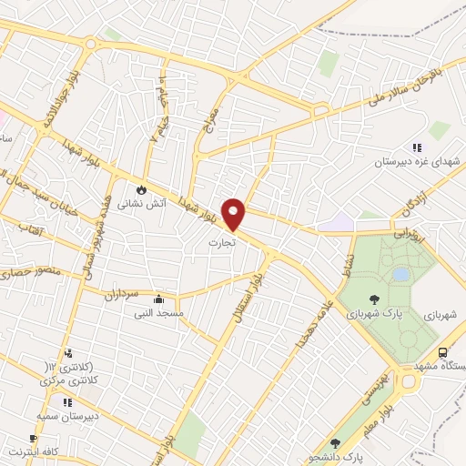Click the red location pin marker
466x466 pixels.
(x=235, y=213)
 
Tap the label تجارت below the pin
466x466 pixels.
(x=222, y=243)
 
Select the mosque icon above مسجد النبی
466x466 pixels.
(x=159, y=299)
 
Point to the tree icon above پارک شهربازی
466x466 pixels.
(x=374, y=299)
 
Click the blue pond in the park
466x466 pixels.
(x=400, y=273)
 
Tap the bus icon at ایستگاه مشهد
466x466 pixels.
(x=442, y=352)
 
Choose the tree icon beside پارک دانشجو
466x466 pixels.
(x=335, y=443)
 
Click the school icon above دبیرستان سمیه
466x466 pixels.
(x=67, y=400)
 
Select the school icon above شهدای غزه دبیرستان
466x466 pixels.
(x=417, y=147)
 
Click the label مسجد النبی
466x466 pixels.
(x=160, y=312)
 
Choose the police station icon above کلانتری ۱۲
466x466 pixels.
(x=67, y=353)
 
